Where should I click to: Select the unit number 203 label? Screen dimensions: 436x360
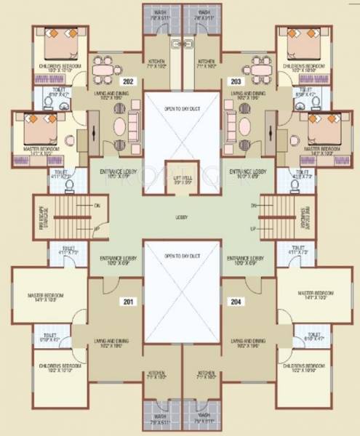[x=235, y=81]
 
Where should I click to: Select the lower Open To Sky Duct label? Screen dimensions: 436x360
[x=180, y=257]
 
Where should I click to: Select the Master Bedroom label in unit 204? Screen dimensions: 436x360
[x=316, y=294]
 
